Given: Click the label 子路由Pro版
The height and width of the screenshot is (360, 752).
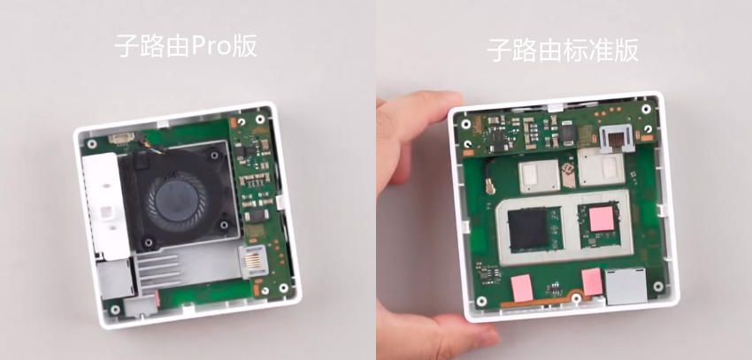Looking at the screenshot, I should (186, 46).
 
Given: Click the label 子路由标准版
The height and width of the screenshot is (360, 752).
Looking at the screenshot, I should (563, 50).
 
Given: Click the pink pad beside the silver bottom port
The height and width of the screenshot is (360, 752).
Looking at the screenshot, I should (591, 283).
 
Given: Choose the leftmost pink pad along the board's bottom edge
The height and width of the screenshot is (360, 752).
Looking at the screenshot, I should (520, 287).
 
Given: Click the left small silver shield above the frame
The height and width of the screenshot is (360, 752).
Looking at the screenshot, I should (538, 175).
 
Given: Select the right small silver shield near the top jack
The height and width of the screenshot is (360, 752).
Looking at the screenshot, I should (599, 168).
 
